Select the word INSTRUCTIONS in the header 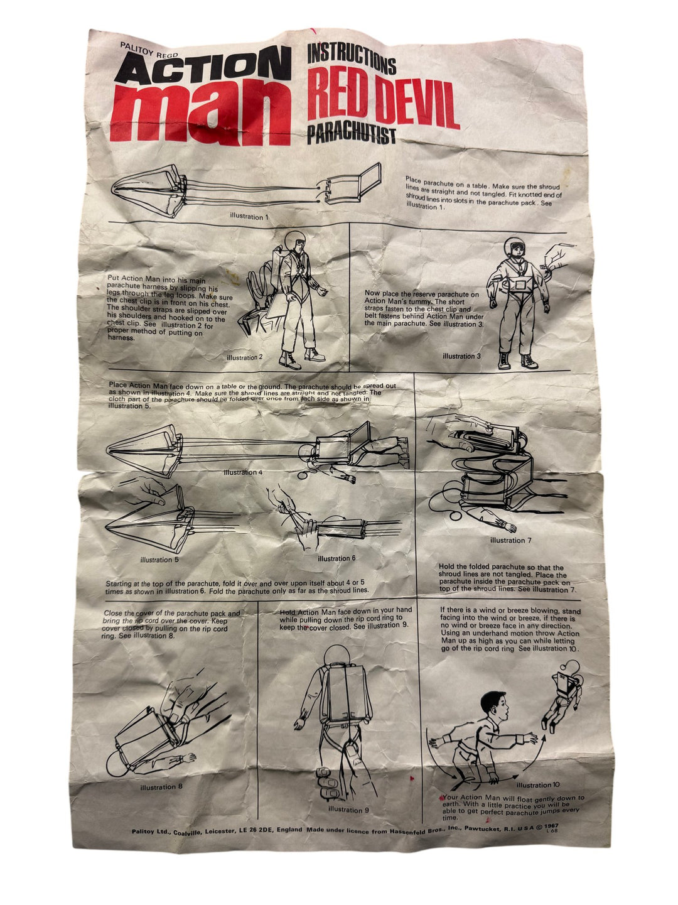click(x=352, y=62)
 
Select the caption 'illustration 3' click(x=461, y=356)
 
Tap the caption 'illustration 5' click(x=160, y=560)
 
